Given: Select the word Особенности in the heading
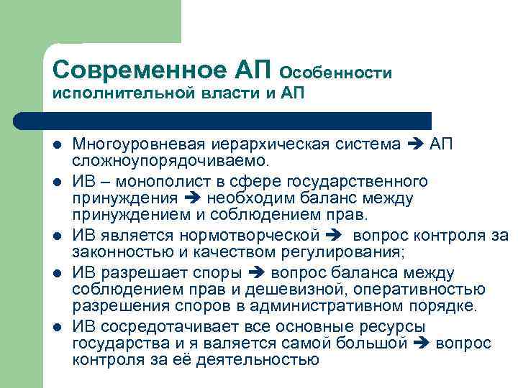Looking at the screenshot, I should click(335, 73).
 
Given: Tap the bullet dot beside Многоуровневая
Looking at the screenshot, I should click(57, 145).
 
